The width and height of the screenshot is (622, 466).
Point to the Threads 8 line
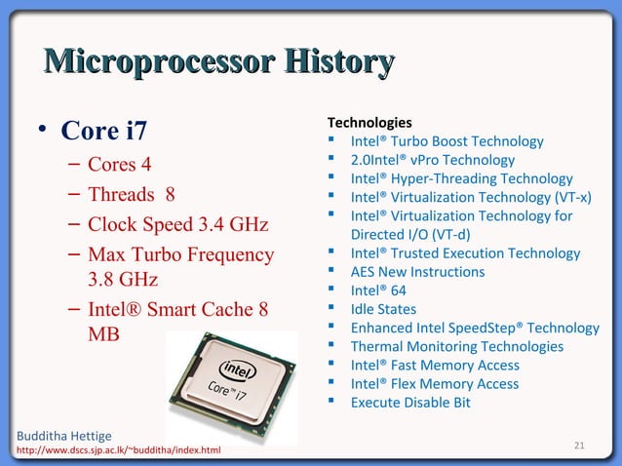click(x=132, y=194)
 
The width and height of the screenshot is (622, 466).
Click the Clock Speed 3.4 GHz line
click(x=177, y=225)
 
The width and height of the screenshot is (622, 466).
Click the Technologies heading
click(x=369, y=123)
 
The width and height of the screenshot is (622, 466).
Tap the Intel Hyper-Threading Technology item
click(x=461, y=178)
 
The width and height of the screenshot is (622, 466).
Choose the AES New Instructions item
click(x=417, y=272)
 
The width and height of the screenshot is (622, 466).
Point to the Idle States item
click(x=383, y=309)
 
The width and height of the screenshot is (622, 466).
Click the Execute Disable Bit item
click(x=410, y=402)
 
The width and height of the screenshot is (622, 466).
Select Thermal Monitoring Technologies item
click(x=456, y=346)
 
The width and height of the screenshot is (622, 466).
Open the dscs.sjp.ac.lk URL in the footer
click(x=117, y=450)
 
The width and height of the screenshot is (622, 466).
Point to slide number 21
click(x=579, y=447)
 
